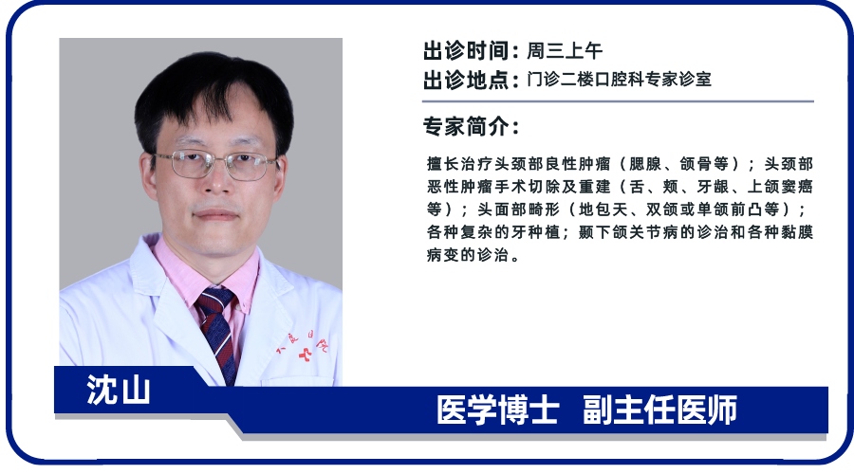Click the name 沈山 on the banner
pyautogui.click(x=119, y=390)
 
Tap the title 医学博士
pyautogui.click(x=498, y=410)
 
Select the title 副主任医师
pyautogui.click(x=659, y=410)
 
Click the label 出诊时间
pyautogui.click(x=466, y=50)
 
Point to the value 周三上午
pyautogui.click(x=565, y=50)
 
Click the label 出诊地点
pyautogui.click(x=466, y=80)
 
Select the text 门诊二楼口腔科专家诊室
pyautogui.click(x=619, y=80)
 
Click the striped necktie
pyautogui.click(x=218, y=331)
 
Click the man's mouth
pyautogui.click(x=216, y=214)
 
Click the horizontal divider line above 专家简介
pyautogui.click(x=618, y=101)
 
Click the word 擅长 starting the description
pyautogui.click(x=442, y=164)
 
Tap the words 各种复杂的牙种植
pyautogui.click(x=492, y=232)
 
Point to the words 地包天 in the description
pyautogui.click(x=603, y=210)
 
